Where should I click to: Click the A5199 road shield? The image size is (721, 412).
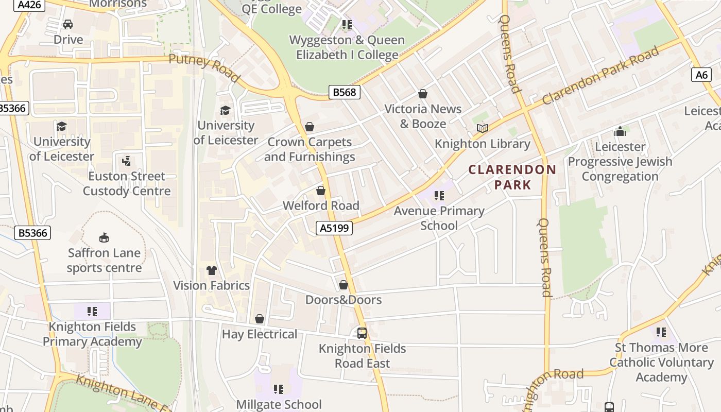pyautogui.click(x=334, y=228)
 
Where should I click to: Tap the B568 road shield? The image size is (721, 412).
pyautogui.click(x=344, y=92)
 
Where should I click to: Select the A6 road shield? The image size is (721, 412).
pyautogui.click(x=701, y=75)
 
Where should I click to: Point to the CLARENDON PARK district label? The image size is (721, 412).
pyautogui.click(x=512, y=177)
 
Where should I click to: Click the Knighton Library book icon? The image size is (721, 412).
pyautogui.click(x=482, y=128)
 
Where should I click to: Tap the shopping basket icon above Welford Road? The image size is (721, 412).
pyautogui.click(x=321, y=191)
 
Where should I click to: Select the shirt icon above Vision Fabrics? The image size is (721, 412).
pyautogui.click(x=211, y=270)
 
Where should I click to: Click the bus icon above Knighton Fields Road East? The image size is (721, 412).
pyautogui.click(x=362, y=333)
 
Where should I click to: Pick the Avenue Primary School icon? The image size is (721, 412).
pyautogui.click(x=439, y=196)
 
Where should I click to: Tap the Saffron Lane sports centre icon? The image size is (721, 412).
pyautogui.click(x=104, y=237)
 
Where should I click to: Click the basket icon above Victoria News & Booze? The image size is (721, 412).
pyautogui.click(x=423, y=94)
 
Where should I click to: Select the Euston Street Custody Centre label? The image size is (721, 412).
pyautogui.click(x=127, y=183)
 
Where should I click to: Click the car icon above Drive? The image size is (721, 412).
pyautogui.click(x=68, y=24)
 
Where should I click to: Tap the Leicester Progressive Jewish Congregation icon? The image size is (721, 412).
pyautogui.click(x=620, y=131)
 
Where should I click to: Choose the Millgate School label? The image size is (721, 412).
pyautogui.click(x=279, y=404)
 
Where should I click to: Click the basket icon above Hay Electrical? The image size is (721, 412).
pyautogui.click(x=260, y=319)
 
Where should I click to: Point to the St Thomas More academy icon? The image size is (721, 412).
pyautogui.click(x=661, y=332)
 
